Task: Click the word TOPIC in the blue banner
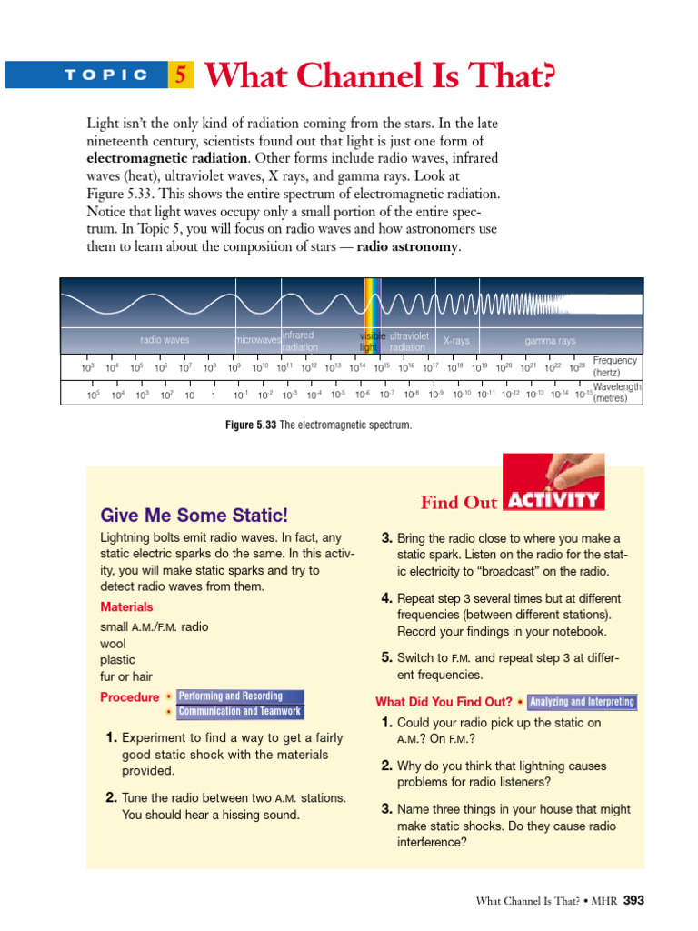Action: coord(106,75)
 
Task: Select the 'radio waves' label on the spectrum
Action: coord(165,341)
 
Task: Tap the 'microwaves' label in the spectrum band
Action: coord(258,341)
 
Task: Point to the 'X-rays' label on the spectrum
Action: coord(456,341)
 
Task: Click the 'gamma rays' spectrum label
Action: coord(550,341)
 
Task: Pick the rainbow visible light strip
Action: coord(373,314)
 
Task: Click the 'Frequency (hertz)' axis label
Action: coord(615,367)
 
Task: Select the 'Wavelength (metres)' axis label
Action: coord(617,392)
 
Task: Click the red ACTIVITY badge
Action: coord(553,500)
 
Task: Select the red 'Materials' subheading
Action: coord(126,606)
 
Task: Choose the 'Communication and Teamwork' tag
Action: coord(240,712)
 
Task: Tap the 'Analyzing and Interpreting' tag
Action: coord(583,702)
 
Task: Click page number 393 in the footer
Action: coord(634,901)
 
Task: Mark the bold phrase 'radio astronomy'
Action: coord(408,246)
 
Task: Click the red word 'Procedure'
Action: coord(129,697)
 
